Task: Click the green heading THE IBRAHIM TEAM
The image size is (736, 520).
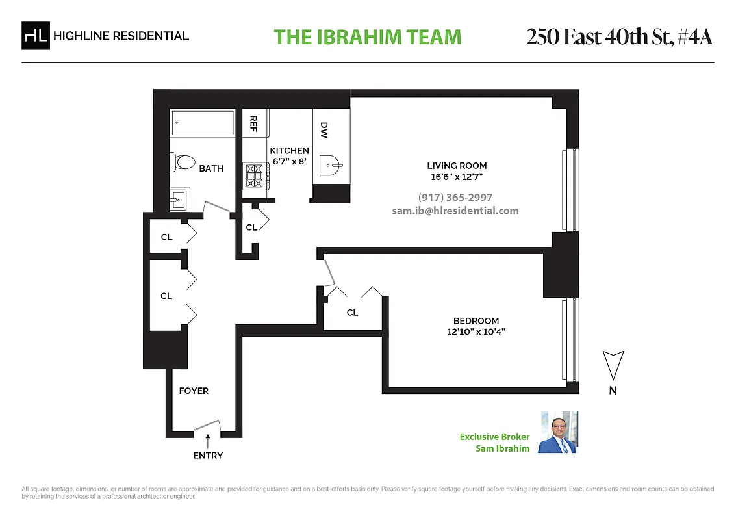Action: (x=368, y=37)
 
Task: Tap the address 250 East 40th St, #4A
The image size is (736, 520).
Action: (x=619, y=37)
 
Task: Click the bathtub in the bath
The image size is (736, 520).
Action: (x=202, y=123)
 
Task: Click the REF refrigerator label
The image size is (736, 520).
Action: (x=253, y=123)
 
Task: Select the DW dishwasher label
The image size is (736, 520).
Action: (x=324, y=131)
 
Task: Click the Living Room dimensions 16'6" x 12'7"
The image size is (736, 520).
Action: (x=457, y=177)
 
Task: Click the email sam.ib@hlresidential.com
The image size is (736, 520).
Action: (x=455, y=211)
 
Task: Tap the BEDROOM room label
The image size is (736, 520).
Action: (x=476, y=321)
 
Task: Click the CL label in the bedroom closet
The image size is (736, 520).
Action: (x=352, y=313)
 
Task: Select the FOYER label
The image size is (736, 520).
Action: (x=194, y=391)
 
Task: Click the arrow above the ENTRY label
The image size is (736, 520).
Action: (x=208, y=443)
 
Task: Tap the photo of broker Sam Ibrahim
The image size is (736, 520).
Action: (x=558, y=432)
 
